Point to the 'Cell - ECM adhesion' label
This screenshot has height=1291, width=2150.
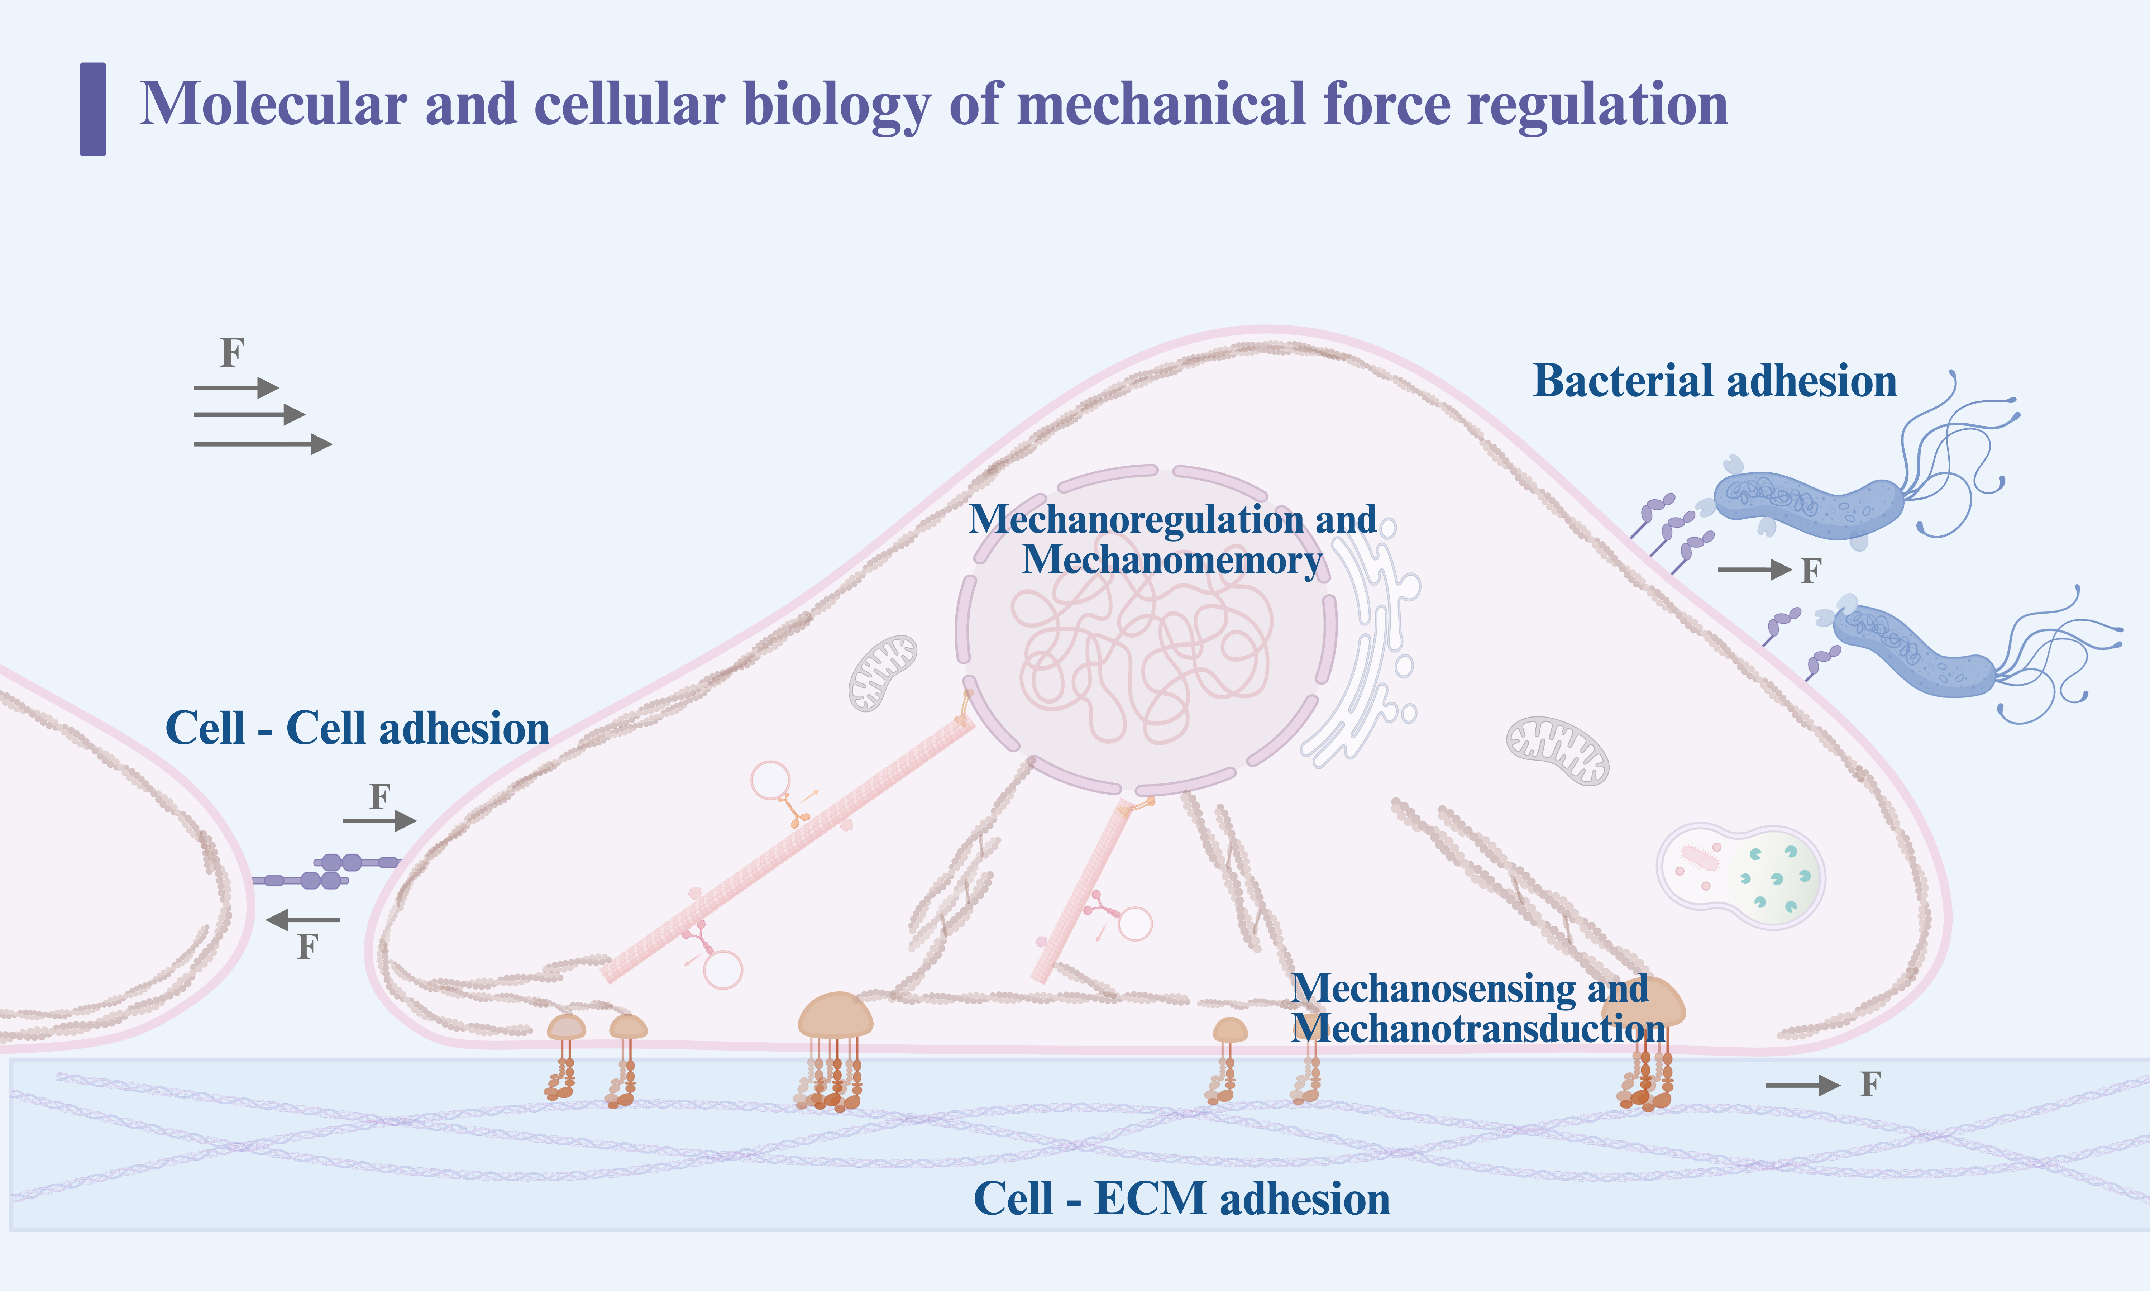(1181, 1199)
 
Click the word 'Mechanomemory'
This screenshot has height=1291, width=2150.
(1171, 559)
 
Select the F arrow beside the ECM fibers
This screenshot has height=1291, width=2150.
(1802, 1085)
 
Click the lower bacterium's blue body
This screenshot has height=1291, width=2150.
(1913, 652)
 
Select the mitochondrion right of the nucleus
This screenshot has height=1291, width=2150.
(1557, 750)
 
